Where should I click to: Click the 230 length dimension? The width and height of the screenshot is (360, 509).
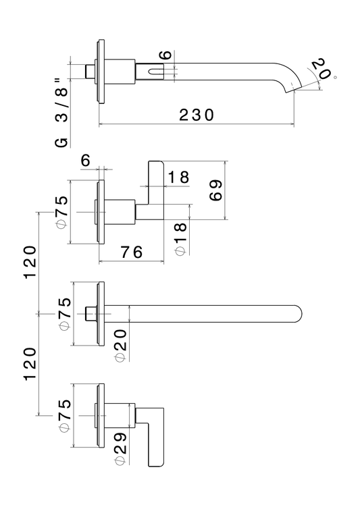coord(197,115)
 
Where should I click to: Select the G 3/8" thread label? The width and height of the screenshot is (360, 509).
coord(61,112)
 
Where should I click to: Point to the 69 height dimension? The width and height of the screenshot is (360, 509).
coord(215,190)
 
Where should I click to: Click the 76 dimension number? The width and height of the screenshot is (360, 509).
coord(132,252)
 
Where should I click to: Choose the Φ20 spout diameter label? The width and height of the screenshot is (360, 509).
coord(120,346)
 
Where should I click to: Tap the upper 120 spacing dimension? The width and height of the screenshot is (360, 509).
coord(30,263)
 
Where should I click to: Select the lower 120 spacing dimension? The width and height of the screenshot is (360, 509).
coord(30,365)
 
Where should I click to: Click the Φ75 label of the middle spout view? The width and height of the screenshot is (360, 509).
coord(65,314)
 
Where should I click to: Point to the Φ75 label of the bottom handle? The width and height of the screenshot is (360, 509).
coord(65,416)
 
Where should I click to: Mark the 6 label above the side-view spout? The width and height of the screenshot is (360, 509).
coord(165,55)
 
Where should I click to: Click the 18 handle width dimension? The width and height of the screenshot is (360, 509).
coord(178,178)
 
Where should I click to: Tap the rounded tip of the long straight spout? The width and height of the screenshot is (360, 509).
coord(299,314)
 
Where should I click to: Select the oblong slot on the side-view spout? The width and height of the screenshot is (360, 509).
coord(155,72)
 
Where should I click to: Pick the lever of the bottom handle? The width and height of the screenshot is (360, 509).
coord(155,437)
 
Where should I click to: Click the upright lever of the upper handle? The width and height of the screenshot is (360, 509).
coord(155,190)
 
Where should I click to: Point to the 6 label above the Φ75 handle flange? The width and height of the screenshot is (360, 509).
coord(85,160)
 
